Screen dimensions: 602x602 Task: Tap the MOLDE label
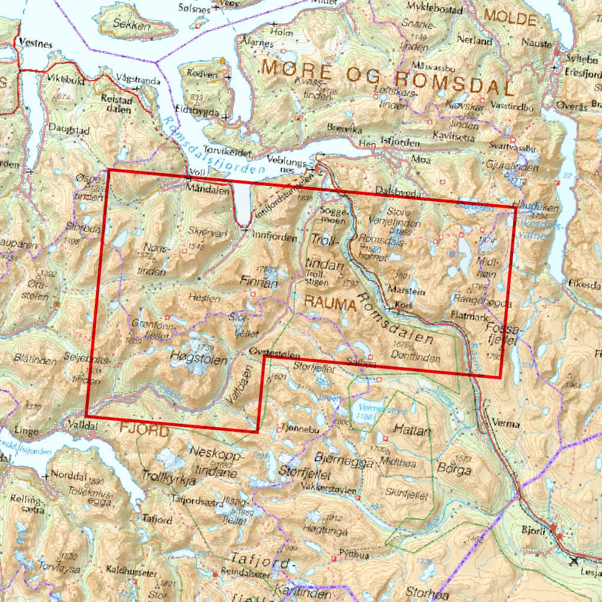point(509,19)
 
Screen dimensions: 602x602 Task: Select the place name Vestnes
point(35,43)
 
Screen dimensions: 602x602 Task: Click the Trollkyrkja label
point(168,480)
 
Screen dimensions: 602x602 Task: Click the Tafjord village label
point(157,520)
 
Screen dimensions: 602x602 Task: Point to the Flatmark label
point(467,315)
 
